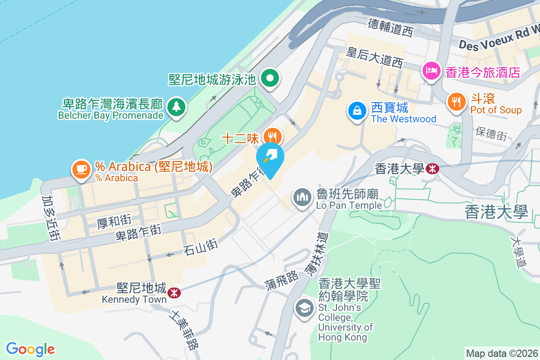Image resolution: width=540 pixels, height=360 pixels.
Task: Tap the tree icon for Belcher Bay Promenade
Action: click(176, 107)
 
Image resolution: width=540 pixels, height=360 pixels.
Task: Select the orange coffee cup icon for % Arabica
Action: click(81, 169)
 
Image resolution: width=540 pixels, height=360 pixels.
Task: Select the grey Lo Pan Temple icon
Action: click(302, 197)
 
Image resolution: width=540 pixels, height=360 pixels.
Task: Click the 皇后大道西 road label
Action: click(374, 58)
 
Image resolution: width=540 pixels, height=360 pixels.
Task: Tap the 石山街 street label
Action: click(201, 247)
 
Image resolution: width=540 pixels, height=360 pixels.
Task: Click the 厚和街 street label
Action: click(114, 220)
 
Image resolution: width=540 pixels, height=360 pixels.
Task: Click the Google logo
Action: click(30, 349)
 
